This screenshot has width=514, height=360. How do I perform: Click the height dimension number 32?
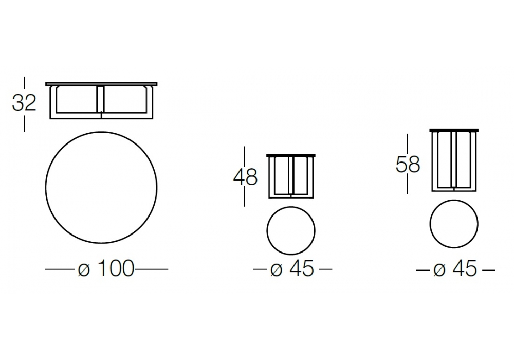24,103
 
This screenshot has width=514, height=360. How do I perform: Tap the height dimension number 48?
245,177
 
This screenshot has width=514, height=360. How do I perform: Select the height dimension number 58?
408,164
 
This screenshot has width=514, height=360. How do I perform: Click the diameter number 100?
116,268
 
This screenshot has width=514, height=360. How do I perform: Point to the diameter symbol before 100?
84,269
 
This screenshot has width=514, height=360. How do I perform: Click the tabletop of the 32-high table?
101,84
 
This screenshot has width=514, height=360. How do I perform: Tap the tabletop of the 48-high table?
291,155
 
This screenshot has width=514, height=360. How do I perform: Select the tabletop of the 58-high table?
454,130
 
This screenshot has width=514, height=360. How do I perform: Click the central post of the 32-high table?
101,99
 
